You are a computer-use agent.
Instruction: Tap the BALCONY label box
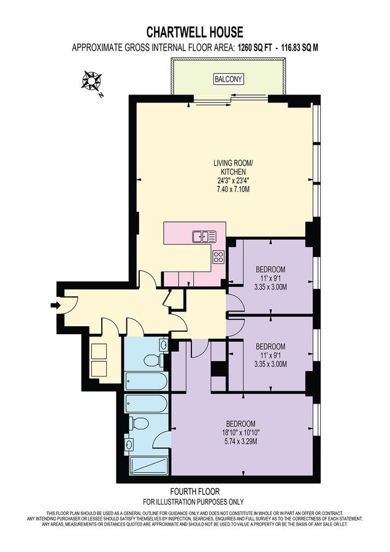click(x=228, y=79)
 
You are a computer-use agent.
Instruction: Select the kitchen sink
click(x=203, y=236)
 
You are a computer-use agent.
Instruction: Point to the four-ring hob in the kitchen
click(x=218, y=256)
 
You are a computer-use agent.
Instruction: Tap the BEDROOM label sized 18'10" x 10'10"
click(x=241, y=424)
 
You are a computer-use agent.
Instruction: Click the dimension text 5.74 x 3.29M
click(x=241, y=441)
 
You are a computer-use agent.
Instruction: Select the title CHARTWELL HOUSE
click(x=194, y=31)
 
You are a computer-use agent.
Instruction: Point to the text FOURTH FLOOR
click(x=194, y=491)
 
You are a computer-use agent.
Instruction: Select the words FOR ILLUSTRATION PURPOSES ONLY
click(x=194, y=500)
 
